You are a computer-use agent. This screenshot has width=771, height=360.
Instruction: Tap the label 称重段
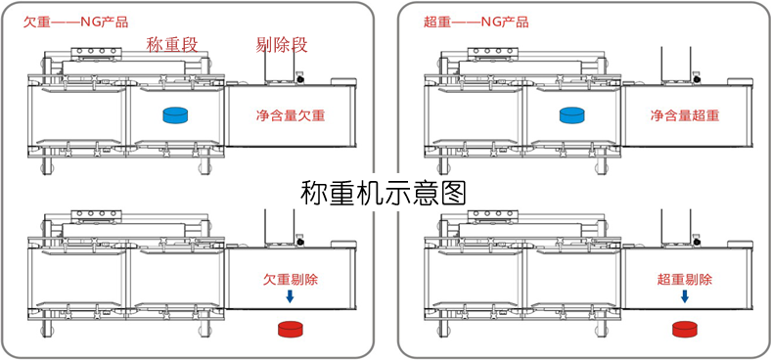(173, 43)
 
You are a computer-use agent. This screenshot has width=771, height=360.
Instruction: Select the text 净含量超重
(685, 115)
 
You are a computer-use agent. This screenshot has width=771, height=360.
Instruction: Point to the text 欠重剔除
(291, 279)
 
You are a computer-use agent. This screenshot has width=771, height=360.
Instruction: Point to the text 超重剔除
(685, 279)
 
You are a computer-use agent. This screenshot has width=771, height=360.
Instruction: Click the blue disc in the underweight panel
(176, 115)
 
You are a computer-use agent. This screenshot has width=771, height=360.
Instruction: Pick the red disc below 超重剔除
(685, 328)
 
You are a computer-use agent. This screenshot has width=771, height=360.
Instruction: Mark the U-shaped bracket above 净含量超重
(675, 64)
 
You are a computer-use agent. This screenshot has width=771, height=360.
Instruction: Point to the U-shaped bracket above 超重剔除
(675, 227)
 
